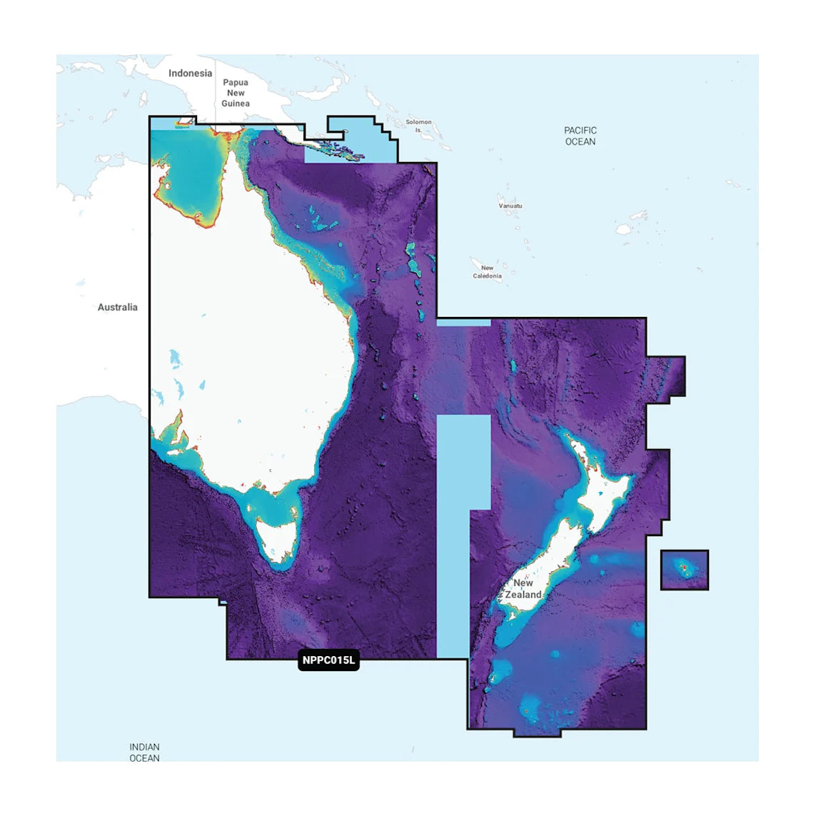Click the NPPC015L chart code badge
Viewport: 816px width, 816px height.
point(328,660)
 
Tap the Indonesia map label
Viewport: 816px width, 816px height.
point(190,74)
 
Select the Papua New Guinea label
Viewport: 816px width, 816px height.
point(236,93)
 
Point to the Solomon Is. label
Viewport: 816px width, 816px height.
point(418,126)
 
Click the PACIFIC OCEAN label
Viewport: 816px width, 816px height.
point(580,136)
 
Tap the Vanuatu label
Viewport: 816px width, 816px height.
point(510,206)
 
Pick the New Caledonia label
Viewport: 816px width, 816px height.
point(487,272)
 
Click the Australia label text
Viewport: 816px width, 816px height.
point(118,307)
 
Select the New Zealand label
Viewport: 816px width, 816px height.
point(523,589)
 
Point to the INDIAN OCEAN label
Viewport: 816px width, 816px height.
point(144,752)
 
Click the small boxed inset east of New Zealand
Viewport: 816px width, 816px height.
point(684,570)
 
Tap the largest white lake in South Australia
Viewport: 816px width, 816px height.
point(175,357)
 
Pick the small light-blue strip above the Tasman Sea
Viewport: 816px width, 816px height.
point(463,323)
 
